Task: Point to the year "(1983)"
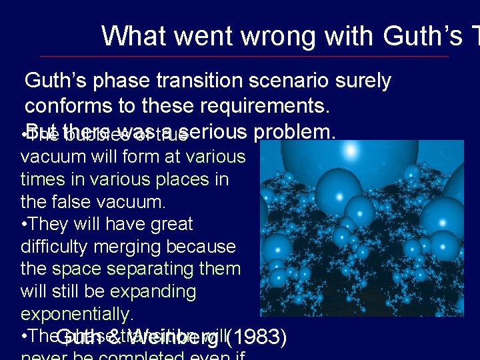click(x=257, y=338)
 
